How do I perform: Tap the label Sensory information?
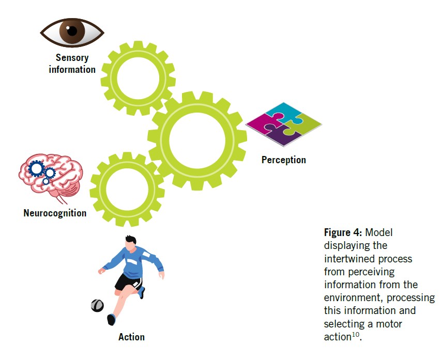point(72,64)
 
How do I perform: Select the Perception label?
point(283,160)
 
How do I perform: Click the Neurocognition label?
point(55,212)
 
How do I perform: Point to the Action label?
point(131,337)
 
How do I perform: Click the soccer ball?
point(97,305)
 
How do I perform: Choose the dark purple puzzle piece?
point(283,135)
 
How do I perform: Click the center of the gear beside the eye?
point(138,78)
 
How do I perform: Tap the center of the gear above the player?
point(127,190)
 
